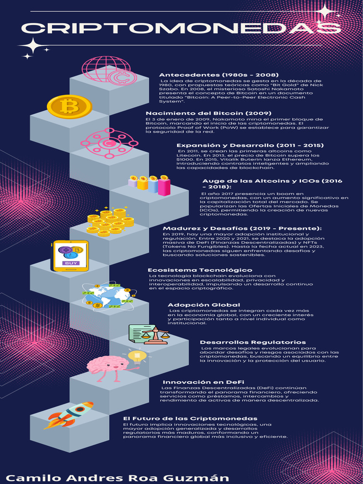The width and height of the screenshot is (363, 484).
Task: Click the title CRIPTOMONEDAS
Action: click(x=181, y=29)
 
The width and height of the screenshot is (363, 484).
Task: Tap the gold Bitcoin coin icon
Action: click(x=69, y=106)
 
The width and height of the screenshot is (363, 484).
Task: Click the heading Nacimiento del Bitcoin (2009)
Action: click(x=208, y=113)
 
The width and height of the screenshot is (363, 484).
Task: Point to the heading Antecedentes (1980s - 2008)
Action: click(x=219, y=75)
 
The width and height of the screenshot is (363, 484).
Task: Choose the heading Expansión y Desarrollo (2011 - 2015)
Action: click(x=250, y=146)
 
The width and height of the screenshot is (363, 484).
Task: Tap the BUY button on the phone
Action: click(x=71, y=263)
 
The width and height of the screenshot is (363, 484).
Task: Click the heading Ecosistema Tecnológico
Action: click(x=200, y=270)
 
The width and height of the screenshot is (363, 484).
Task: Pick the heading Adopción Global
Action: click(x=204, y=305)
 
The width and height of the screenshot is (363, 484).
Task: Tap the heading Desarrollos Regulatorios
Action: click(x=253, y=342)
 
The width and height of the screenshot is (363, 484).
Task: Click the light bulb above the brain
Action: click(x=137, y=355)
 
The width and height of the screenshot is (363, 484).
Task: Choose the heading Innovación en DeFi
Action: click(x=203, y=382)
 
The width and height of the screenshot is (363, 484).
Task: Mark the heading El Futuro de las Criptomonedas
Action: click(x=190, y=419)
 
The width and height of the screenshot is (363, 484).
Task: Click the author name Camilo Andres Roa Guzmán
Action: click(x=117, y=477)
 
